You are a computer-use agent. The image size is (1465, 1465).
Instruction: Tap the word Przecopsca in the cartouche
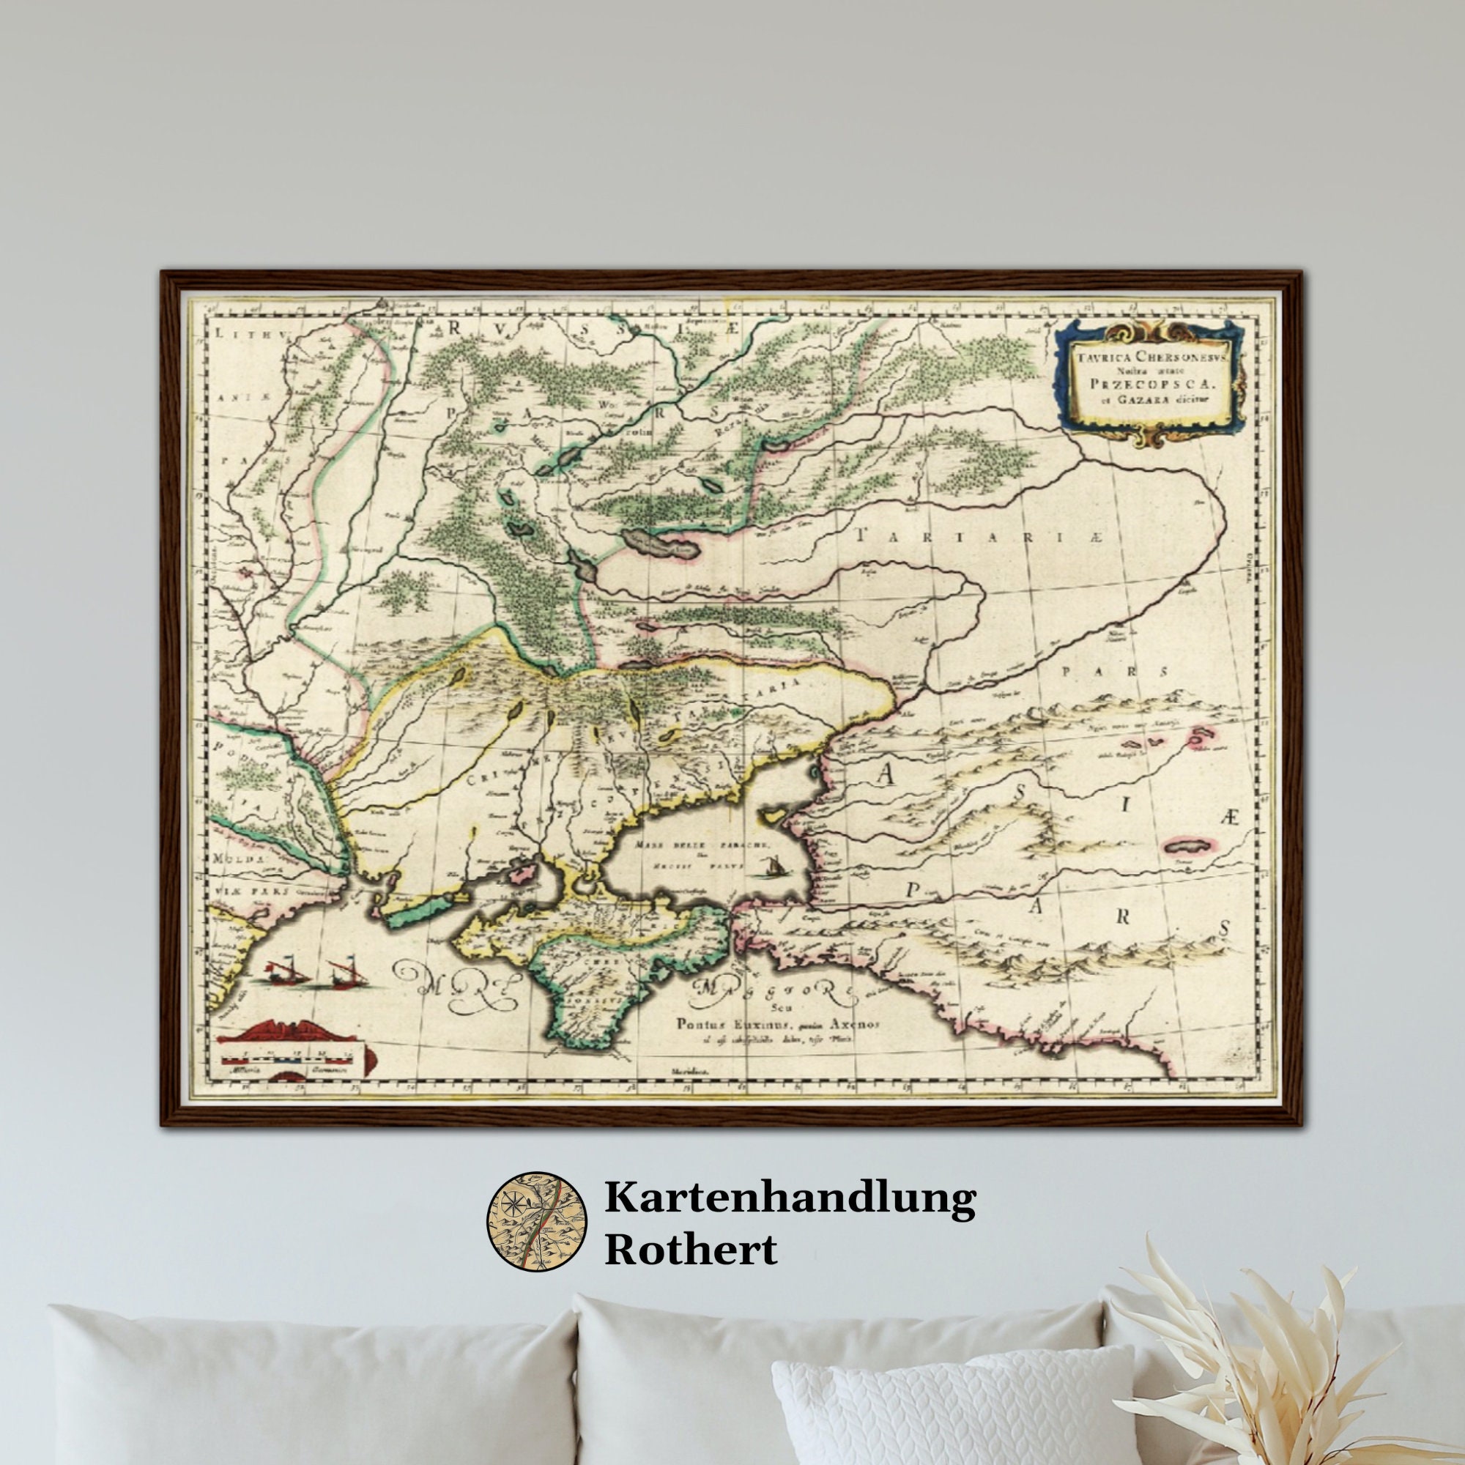[1149, 384]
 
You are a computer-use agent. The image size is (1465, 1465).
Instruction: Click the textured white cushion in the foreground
[948, 1403]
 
